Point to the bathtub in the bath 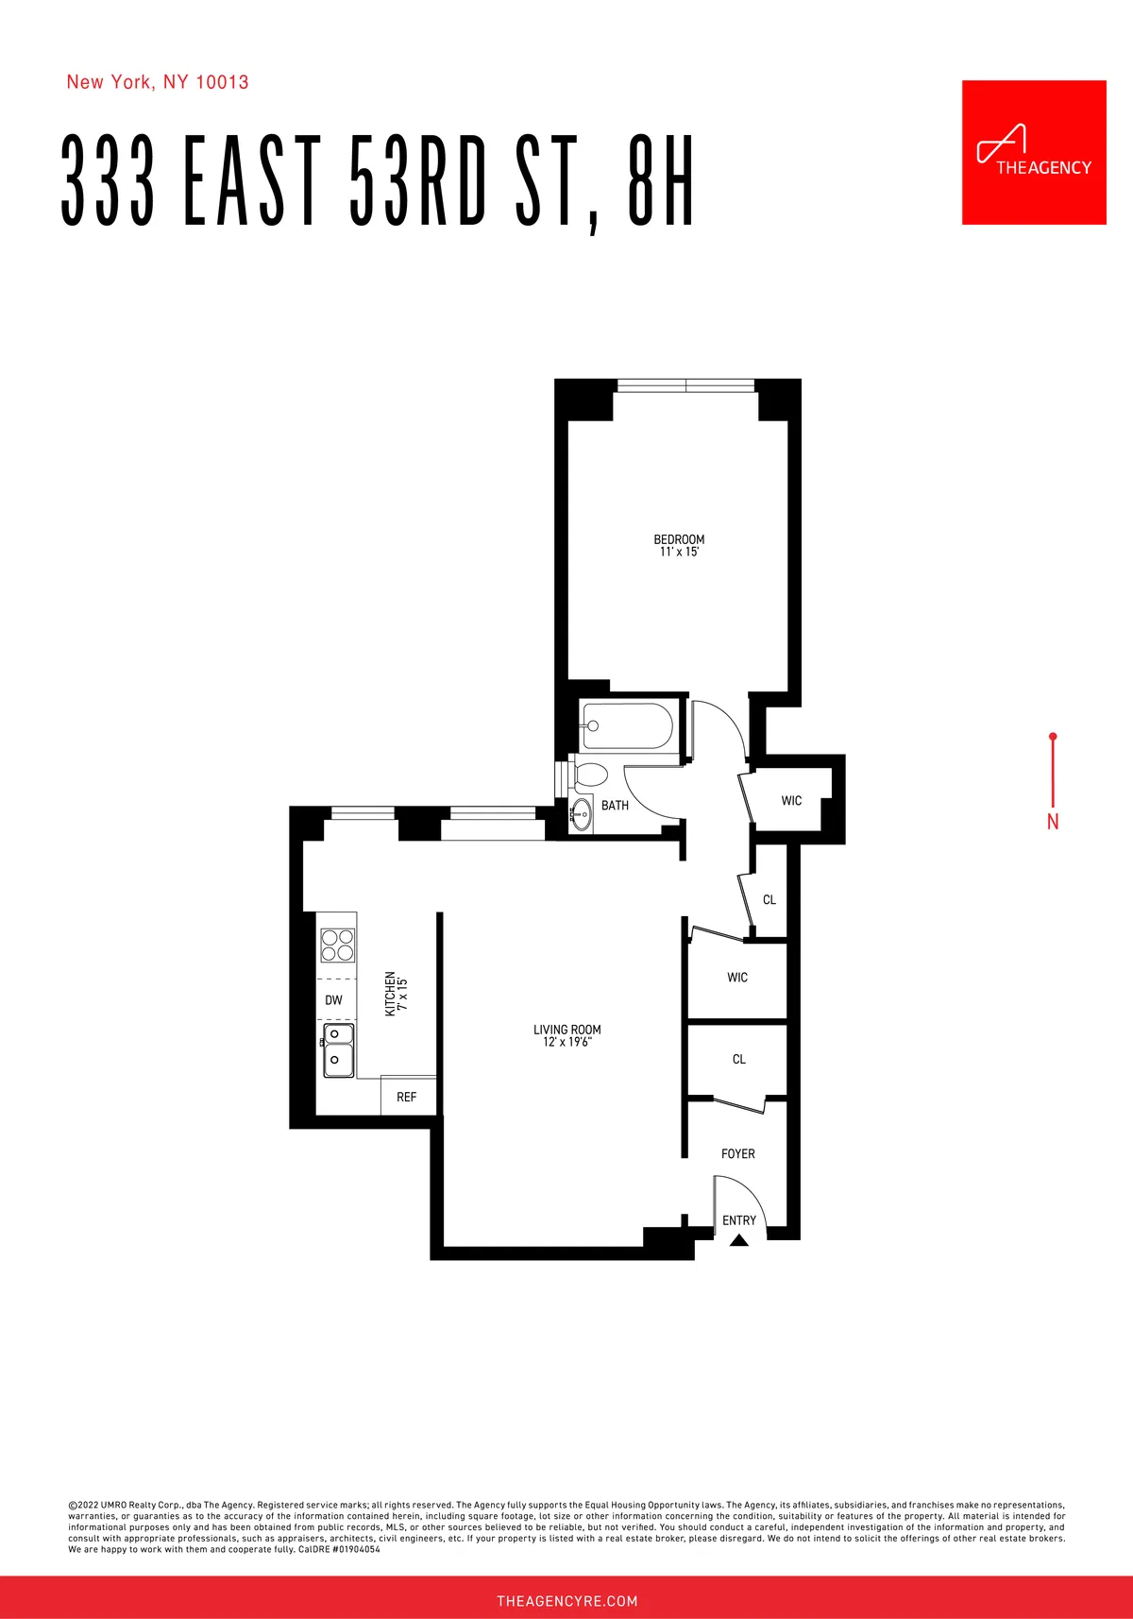click(x=628, y=726)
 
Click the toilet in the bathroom click(x=590, y=775)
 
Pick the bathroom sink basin click(x=581, y=815)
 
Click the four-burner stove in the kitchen click(x=337, y=945)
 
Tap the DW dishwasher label click(x=333, y=1000)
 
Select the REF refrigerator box click(x=407, y=1097)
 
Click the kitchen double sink click(x=338, y=1049)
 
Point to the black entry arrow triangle click(x=739, y=1240)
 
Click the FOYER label click(x=737, y=1153)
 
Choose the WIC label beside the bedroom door click(x=791, y=801)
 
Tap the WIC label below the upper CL click(x=737, y=978)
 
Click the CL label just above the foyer click(x=739, y=1060)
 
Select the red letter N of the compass click(x=1053, y=822)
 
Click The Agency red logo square click(x=1034, y=152)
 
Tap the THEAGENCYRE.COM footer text click(x=566, y=1601)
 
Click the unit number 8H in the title click(x=661, y=181)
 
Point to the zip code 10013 click(x=222, y=82)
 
